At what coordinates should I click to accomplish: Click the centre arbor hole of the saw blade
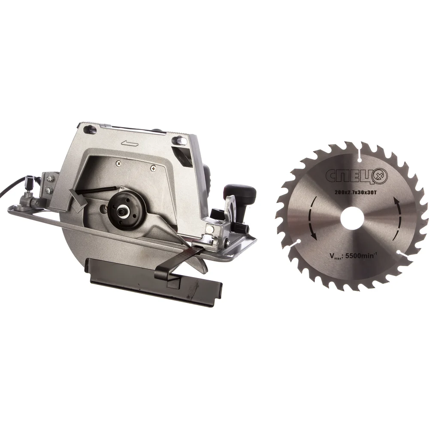(x=352, y=218)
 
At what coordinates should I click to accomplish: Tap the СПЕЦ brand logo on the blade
(x=356, y=175)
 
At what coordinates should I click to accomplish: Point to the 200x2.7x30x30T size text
(x=356, y=193)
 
